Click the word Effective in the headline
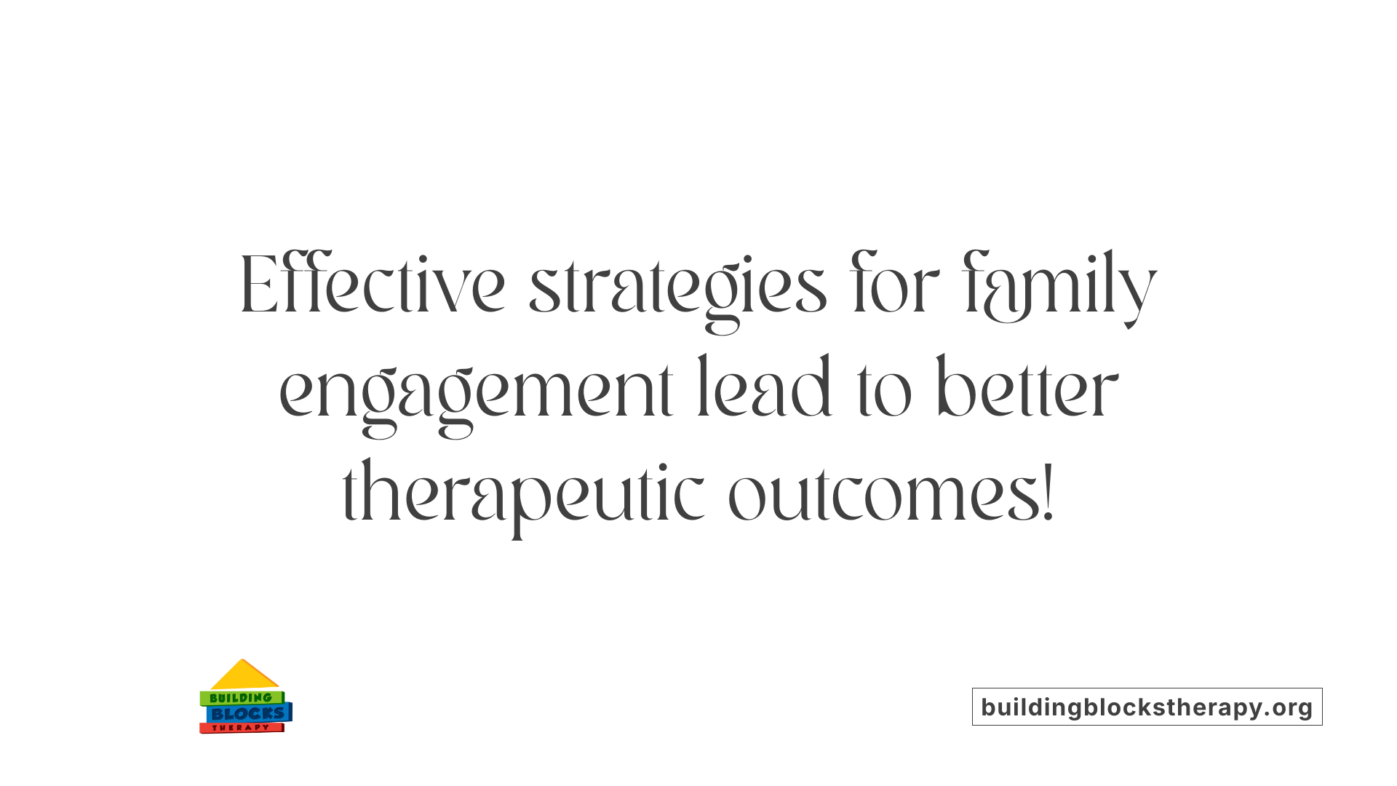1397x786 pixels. coord(372,285)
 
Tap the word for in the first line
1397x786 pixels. coord(894,285)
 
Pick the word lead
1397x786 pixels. coord(764,389)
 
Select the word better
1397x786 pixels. coord(1027,389)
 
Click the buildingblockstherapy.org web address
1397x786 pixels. coord(1147,707)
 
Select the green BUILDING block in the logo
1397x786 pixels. coord(241,698)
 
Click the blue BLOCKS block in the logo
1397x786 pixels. coord(248,714)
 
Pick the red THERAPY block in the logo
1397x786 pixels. coord(241,728)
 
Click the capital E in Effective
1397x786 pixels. coord(258,285)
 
